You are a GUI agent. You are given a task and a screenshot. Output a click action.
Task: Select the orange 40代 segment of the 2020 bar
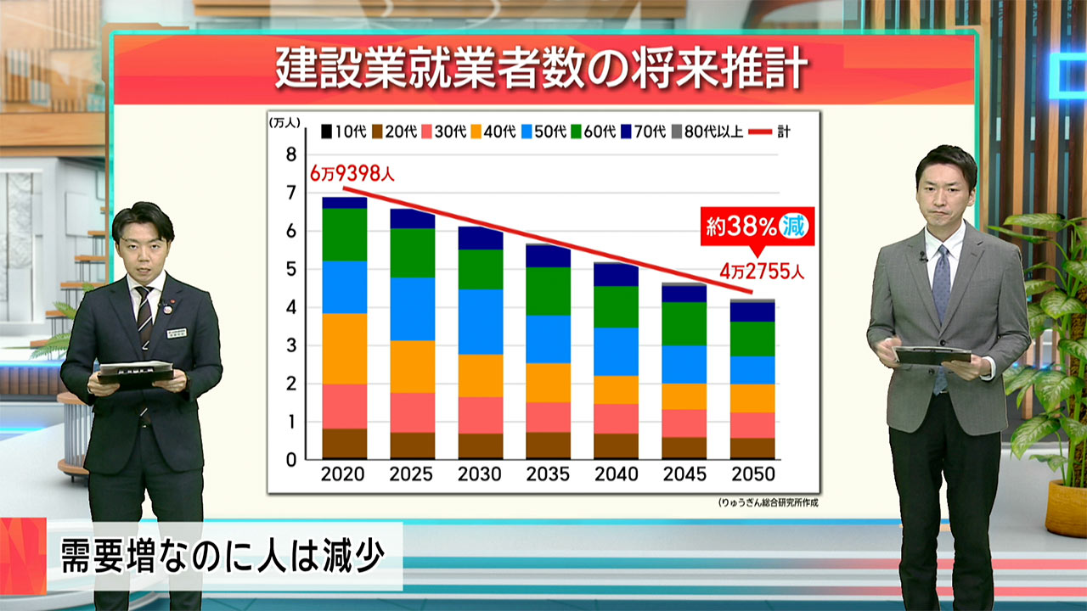click(x=344, y=349)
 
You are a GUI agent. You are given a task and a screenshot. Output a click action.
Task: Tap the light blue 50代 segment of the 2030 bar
click(x=480, y=322)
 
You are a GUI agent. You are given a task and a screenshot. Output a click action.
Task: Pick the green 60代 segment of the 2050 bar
click(x=752, y=339)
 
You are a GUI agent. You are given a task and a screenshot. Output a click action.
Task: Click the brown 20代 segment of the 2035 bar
click(x=548, y=446)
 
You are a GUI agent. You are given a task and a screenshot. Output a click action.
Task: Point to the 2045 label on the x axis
click(x=684, y=474)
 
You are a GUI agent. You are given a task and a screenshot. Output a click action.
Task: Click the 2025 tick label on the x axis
click(x=412, y=474)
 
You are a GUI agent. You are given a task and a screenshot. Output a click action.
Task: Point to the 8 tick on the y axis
click(x=291, y=154)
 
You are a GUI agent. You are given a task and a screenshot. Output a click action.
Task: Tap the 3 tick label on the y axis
click(x=291, y=345)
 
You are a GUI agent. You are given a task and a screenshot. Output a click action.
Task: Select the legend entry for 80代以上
click(x=708, y=132)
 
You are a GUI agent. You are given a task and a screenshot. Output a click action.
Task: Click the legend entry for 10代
click(x=343, y=132)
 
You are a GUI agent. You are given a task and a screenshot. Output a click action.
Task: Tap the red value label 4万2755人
click(x=762, y=273)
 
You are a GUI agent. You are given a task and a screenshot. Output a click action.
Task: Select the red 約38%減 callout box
click(x=757, y=227)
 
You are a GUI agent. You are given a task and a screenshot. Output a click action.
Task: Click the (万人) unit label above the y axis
click(x=284, y=122)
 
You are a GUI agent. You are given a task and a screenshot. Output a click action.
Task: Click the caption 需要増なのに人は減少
click(x=222, y=557)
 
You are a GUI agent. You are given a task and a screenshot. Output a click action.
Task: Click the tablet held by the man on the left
click(x=136, y=374)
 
